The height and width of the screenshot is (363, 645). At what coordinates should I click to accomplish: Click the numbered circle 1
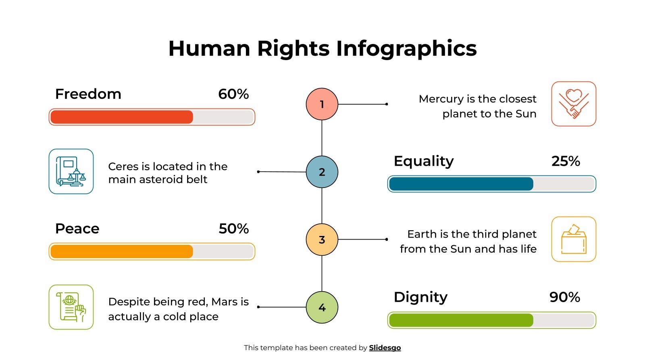pyautogui.click(x=322, y=104)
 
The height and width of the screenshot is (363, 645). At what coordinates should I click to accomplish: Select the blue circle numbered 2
pyautogui.click(x=322, y=172)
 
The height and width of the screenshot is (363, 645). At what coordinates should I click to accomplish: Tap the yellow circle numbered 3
pyautogui.click(x=322, y=240)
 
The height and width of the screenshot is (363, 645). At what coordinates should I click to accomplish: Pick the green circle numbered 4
pyautogui.click(x=322, y=307)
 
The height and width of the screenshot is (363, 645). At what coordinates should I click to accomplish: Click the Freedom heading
pyautogui.click(x=88, y=94)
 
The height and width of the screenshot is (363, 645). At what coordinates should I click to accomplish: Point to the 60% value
pyautogui.click(x=233, y=94)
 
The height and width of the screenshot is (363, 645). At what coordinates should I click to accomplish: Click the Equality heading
pyautogui.click(x=424, y=161)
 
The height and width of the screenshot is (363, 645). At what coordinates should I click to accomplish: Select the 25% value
pyautogui.click(x=566, y=161)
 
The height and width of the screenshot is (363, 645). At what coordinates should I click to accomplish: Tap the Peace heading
pyautogui.click(x=77, y=229)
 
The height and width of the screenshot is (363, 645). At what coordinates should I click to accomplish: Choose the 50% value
pyautogui.click(x=233, y=229)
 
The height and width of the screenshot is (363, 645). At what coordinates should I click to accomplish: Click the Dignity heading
pyautogui.click(x=420, y=297)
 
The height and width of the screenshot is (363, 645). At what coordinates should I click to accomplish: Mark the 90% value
pyautogui.click(x=564, y=297)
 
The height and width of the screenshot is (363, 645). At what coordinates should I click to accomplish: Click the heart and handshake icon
pyautogui.click(x=573, y=104)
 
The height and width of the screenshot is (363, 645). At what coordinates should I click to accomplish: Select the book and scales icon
pyautogui.click(x=71, y=171)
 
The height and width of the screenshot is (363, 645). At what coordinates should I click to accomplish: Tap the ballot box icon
pyautogui.click(x=573, y=239)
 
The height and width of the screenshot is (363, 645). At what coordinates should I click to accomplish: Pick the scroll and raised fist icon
pyautogui.click(x=71, y=307)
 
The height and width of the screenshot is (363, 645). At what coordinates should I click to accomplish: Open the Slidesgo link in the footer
pyautogui.click(x=385, y=348)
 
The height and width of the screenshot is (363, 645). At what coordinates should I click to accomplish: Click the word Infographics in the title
pyautogui.click(x=406, y=48)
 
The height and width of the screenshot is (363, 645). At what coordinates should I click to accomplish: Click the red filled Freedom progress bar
pyautogui.click(x=122, y=117)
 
